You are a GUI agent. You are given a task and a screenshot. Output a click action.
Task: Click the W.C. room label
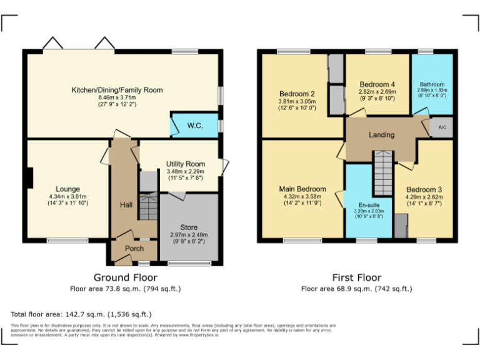195,126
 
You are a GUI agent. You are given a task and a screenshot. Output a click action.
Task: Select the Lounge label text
67,189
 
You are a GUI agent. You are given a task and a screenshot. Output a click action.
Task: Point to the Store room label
189,227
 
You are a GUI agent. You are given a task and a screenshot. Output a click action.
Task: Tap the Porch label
134,248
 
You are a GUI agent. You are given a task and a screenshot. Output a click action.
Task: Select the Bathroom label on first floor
432,84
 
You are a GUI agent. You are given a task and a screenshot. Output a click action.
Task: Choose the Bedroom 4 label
377,84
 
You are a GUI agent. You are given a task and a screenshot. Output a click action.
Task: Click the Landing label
381,134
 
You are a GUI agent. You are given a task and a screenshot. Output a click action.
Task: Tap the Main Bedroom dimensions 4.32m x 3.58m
302,197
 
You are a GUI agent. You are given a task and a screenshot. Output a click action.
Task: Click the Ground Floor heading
125,277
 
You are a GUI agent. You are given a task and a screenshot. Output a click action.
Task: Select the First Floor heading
356,277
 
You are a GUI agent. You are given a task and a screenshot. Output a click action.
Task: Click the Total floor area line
81,314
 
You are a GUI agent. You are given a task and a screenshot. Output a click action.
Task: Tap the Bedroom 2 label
297,94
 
